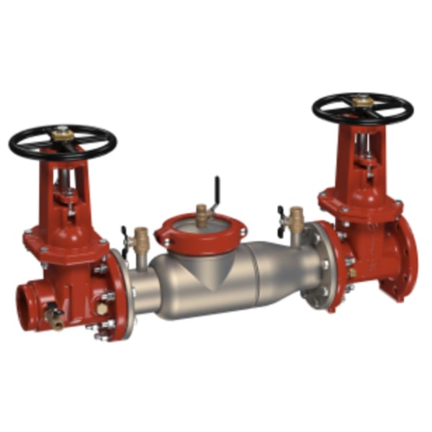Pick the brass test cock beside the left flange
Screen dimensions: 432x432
pos(142,238)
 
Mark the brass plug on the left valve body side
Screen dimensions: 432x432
pos(102,307)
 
